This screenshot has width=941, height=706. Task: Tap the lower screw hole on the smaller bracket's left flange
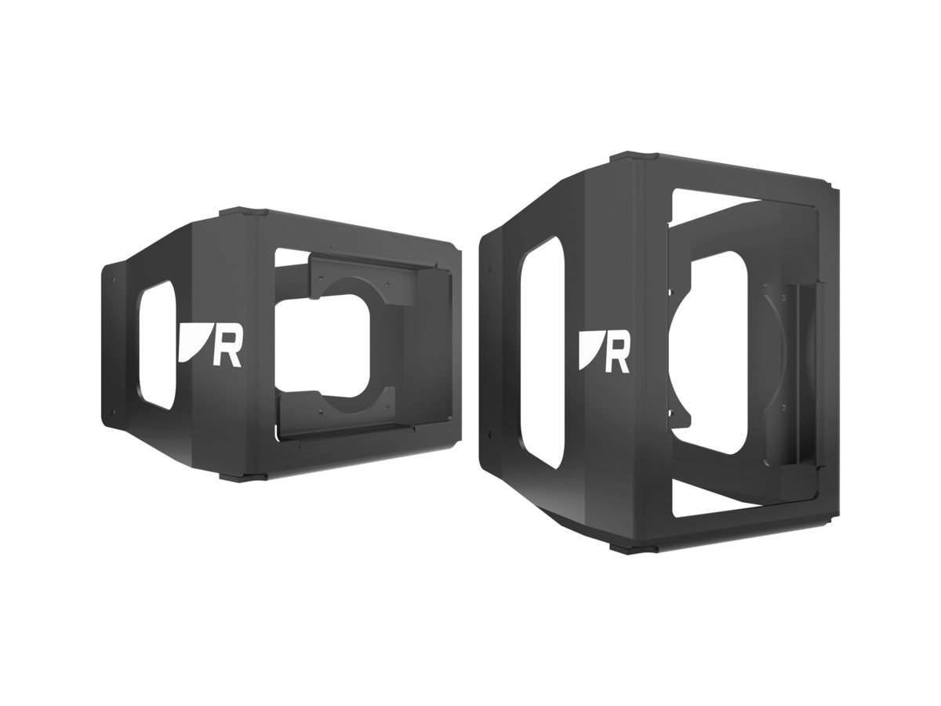tap(114, 409)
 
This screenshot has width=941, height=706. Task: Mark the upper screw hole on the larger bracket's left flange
tap(490, 270)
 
